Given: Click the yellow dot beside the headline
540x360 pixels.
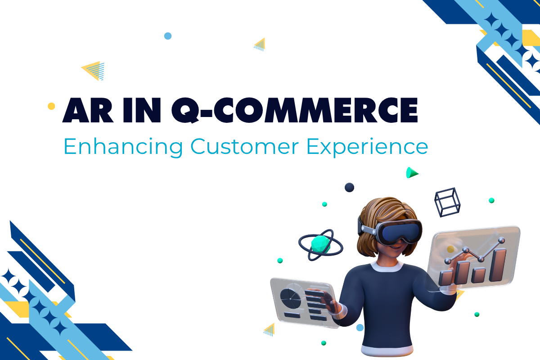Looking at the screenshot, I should [x=51, y=106].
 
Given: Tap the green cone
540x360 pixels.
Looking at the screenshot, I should [x=411, y=173].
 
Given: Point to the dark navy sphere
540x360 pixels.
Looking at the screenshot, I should [x=349, y=187].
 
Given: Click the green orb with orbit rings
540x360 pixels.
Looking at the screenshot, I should [x=320, y=245].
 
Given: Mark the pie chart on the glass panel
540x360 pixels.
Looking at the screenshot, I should [x=289, y=297].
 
